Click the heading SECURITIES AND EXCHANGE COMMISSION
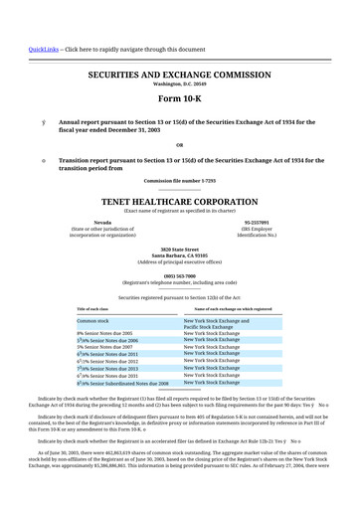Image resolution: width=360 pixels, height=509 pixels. tap(179, 75)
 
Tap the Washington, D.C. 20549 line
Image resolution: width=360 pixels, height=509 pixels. tap(179, 85)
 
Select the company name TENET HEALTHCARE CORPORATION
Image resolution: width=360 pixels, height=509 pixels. tap(179, 199)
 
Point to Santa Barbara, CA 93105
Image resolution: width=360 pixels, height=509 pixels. tap(179, 255)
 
